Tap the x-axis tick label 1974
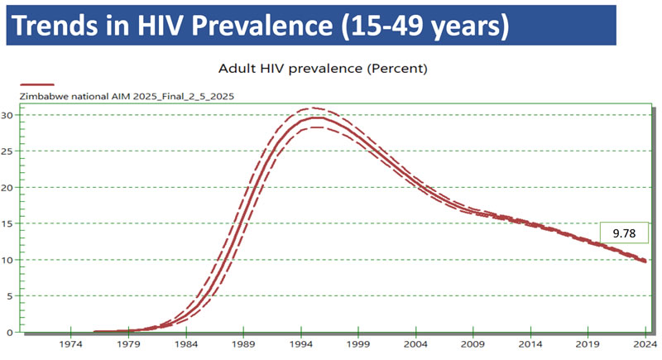pyautogui.click(x=70, y=344)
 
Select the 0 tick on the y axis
pyautogui.click(x=11, y=332)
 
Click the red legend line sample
pyautogui.click(x=37, y=84)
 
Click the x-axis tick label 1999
pyautogui.click(x=358, y=344)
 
